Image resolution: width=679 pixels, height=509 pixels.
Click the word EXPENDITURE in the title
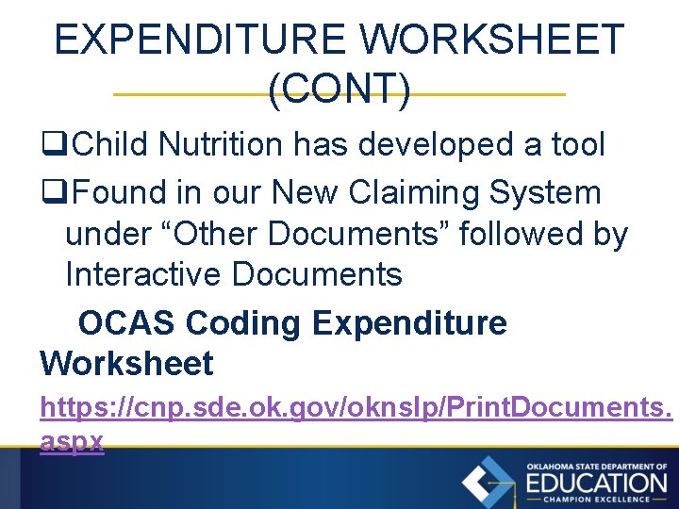pyautogui.click(x=200, y=41)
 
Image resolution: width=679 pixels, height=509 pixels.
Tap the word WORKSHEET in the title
pyautogui.click(x=492, y=41)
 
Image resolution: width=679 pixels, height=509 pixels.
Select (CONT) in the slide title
pyautogui.click(x=339, y=90)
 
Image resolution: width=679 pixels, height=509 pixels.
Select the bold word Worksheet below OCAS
pyautogui.click(x=126, y=363)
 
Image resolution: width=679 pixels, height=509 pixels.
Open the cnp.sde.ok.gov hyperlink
pyautogui.click(x=356, y=408)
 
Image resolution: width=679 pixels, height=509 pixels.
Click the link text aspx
pyautogui.click(x=72, y=441)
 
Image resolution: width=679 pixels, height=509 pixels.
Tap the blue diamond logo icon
pyautogui.click(x=488, y=481)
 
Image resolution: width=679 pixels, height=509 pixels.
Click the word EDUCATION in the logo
pyautogui.click(x=596, y=483)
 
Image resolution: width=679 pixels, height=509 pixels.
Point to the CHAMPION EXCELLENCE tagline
pyautogui.click(x=596, y=500)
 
